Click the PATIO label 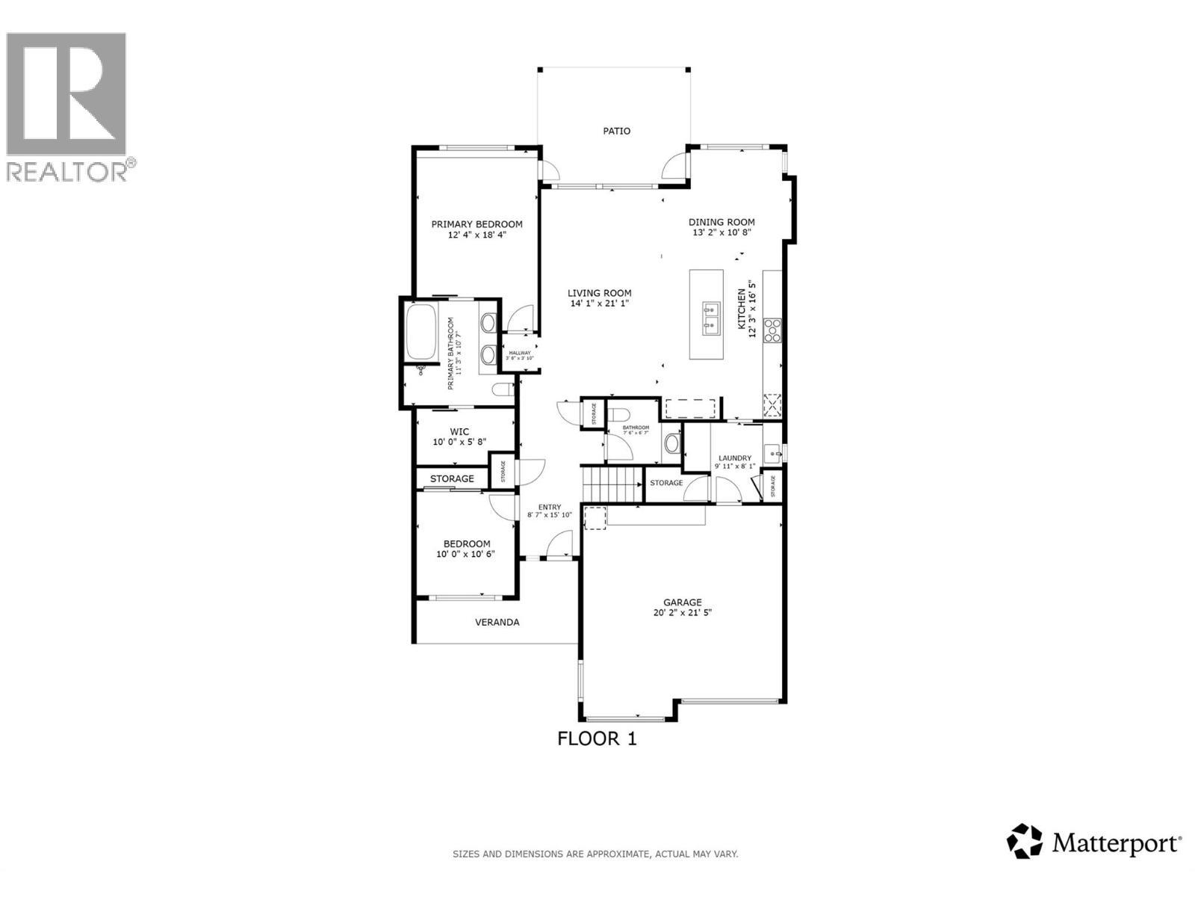(616, 131)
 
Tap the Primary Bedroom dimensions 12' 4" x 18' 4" (477, 235)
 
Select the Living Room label (599, 293)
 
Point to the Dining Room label (721, 222)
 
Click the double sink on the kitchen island (710, 316)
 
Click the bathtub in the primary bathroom (421, 332)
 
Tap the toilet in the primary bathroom (503, 389)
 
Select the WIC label (459, 431)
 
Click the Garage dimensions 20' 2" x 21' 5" (682, 612)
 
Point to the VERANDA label (497, 622)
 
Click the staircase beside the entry (612, 483)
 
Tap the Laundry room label (734, 458)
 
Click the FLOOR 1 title (597, 739)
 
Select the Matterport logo (1094, 843)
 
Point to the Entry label (549, 507)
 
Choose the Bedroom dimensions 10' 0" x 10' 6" (465, 554)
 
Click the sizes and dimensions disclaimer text (595, 854)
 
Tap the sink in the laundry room (773, 453)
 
